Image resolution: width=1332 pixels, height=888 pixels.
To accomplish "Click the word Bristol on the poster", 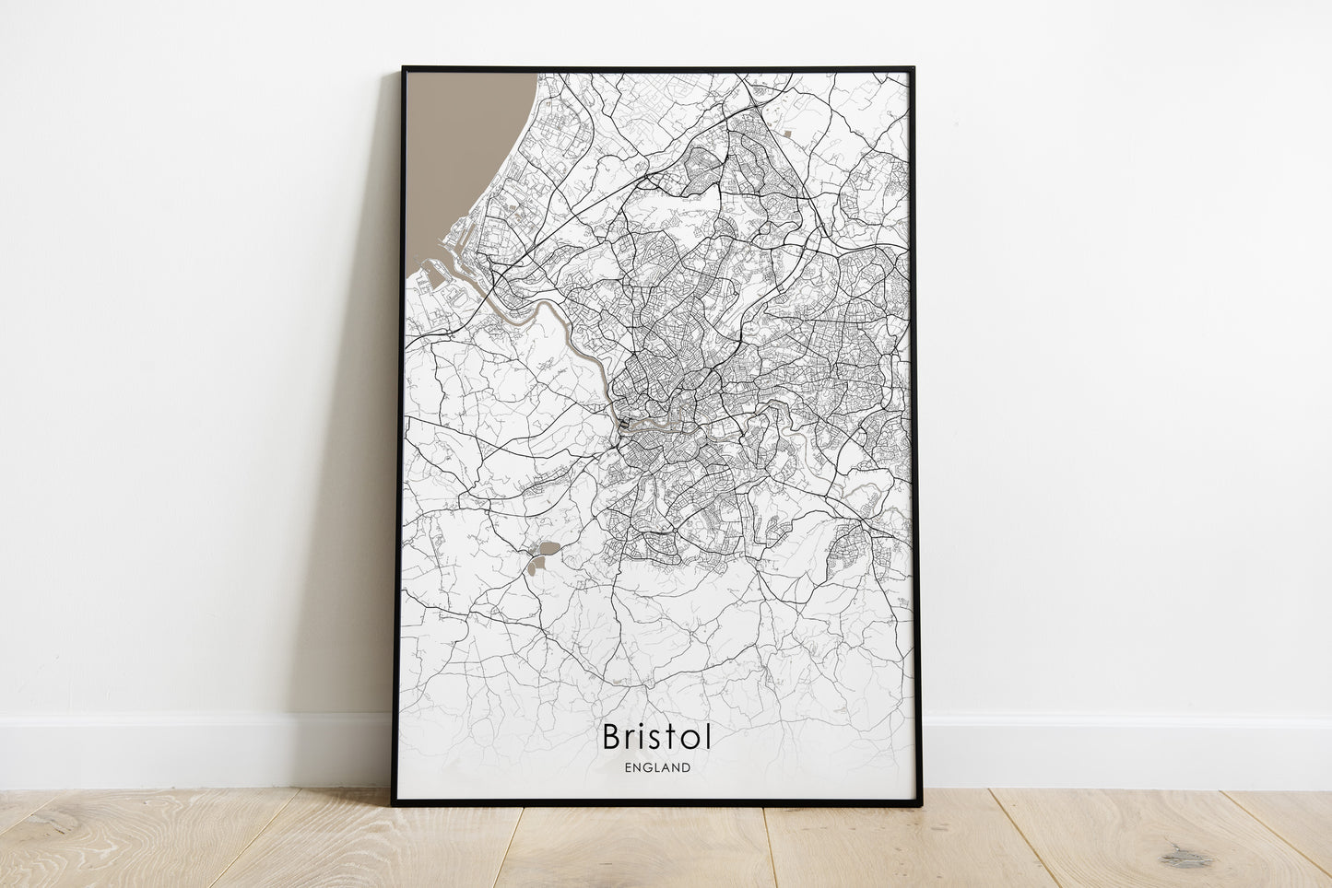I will (x=656, y=737).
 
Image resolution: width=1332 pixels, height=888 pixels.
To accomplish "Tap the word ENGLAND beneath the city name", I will (x=656, y=766).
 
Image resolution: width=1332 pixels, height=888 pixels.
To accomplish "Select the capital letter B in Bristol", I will (x=613, y=737).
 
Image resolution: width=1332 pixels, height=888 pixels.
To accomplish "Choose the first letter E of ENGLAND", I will (x=628, y=766).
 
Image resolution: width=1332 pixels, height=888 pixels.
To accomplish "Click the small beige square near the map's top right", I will (x=789, y=134).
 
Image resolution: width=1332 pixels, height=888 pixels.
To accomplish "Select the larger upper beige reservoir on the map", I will (x=547, y=549).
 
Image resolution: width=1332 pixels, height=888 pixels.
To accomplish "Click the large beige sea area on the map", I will (x=456, y=157).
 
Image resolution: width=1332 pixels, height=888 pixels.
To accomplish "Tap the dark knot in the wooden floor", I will (x=1185, y=859).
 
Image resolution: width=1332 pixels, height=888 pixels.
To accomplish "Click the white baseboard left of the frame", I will (x=184, y=751).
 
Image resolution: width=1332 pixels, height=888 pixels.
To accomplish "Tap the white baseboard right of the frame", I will (x=1125, y=751).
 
